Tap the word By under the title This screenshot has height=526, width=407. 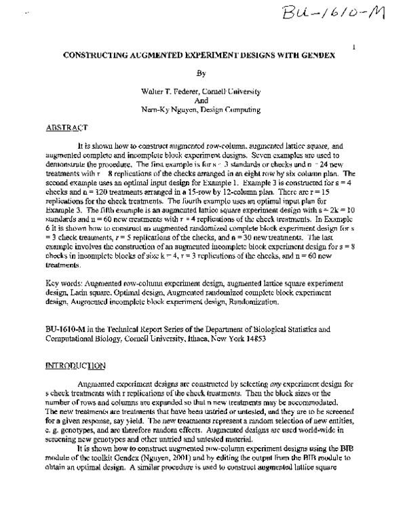pos(199,72)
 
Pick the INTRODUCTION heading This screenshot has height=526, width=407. pos(75,365)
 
